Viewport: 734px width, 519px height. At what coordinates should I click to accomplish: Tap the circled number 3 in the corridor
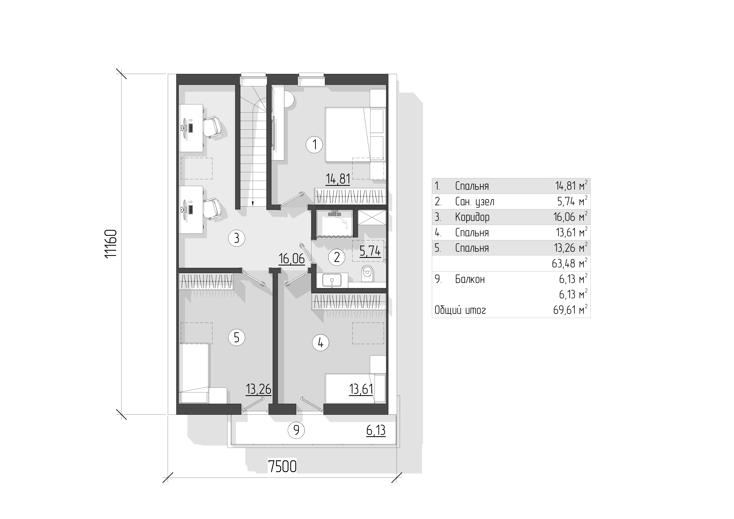tap(237, 238)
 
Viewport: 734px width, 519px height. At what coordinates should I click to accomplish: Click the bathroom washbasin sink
tap(332, 280)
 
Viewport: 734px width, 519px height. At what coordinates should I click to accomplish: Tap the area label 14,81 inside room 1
tap(338, 179)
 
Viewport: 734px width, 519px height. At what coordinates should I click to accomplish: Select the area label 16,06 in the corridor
tap(292, 259)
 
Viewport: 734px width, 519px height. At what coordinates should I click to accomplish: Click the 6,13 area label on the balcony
tap(376, 430)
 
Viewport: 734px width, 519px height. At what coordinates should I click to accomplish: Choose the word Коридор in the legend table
tap(472, 217)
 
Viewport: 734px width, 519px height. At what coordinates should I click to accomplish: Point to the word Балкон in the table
tap(470, 279)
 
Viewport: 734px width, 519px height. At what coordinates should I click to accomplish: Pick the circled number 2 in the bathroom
tap(337, 257)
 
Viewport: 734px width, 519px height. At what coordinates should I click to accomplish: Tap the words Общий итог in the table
tap(460, 310)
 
